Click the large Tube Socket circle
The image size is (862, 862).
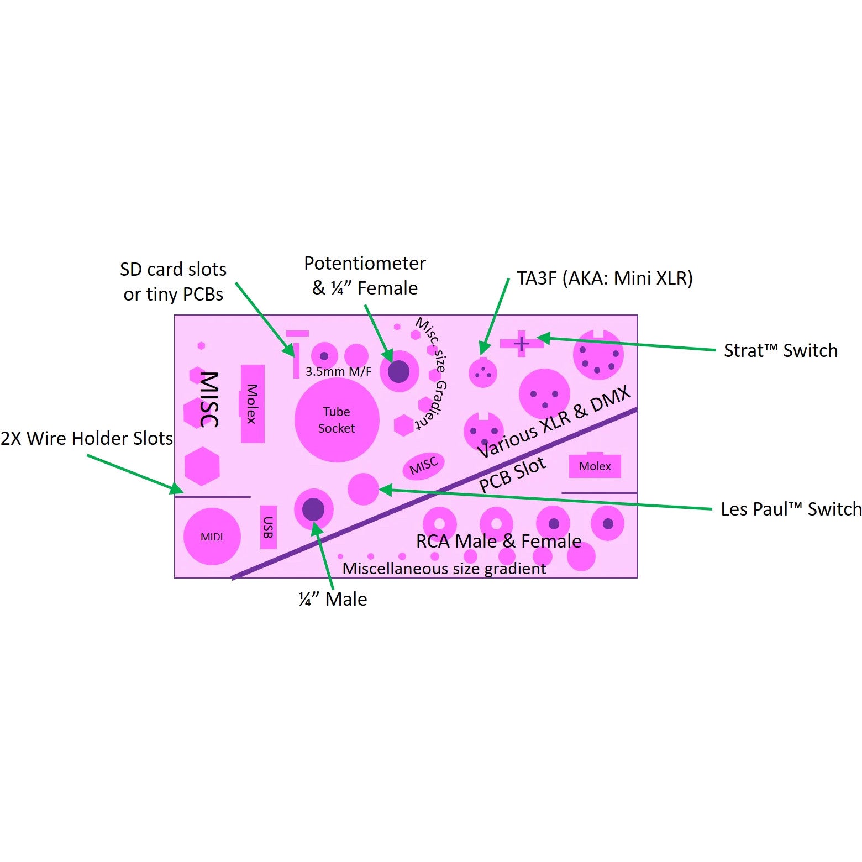click(x=337, y=419)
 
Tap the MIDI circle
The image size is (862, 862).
click(x=212, y=537)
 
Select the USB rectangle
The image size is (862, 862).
click(x=268, y=527)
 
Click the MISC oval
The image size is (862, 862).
click(x=424, y=466)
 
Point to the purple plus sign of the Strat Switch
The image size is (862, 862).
click(x=521, y=344)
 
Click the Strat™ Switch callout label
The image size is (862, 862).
click(x=781, y=350)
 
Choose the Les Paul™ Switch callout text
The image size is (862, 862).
click(x=791, y=509)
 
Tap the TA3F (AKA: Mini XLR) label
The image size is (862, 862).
click(x=605, y=278)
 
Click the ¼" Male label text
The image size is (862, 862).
click(x=333, y=599)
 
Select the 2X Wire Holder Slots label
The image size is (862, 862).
click(x=87, y=438)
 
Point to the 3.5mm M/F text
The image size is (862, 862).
click(x=339, y=371)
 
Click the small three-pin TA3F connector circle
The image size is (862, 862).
click(x=482, y=373)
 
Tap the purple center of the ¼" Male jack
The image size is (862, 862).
click(x=313, y=509)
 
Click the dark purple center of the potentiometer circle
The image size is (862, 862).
click(x=398, y=372)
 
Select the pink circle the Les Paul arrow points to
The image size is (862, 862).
click(x=363, y=489)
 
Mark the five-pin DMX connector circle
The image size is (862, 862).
click(x=598, y=355)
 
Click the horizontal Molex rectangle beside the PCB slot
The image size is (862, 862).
click(x=595, y=466)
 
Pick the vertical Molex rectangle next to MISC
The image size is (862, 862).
click(x=253, y=404)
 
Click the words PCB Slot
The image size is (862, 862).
click(x=512, y=475)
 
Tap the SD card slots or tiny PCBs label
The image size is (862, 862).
click(x=174, y=282)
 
